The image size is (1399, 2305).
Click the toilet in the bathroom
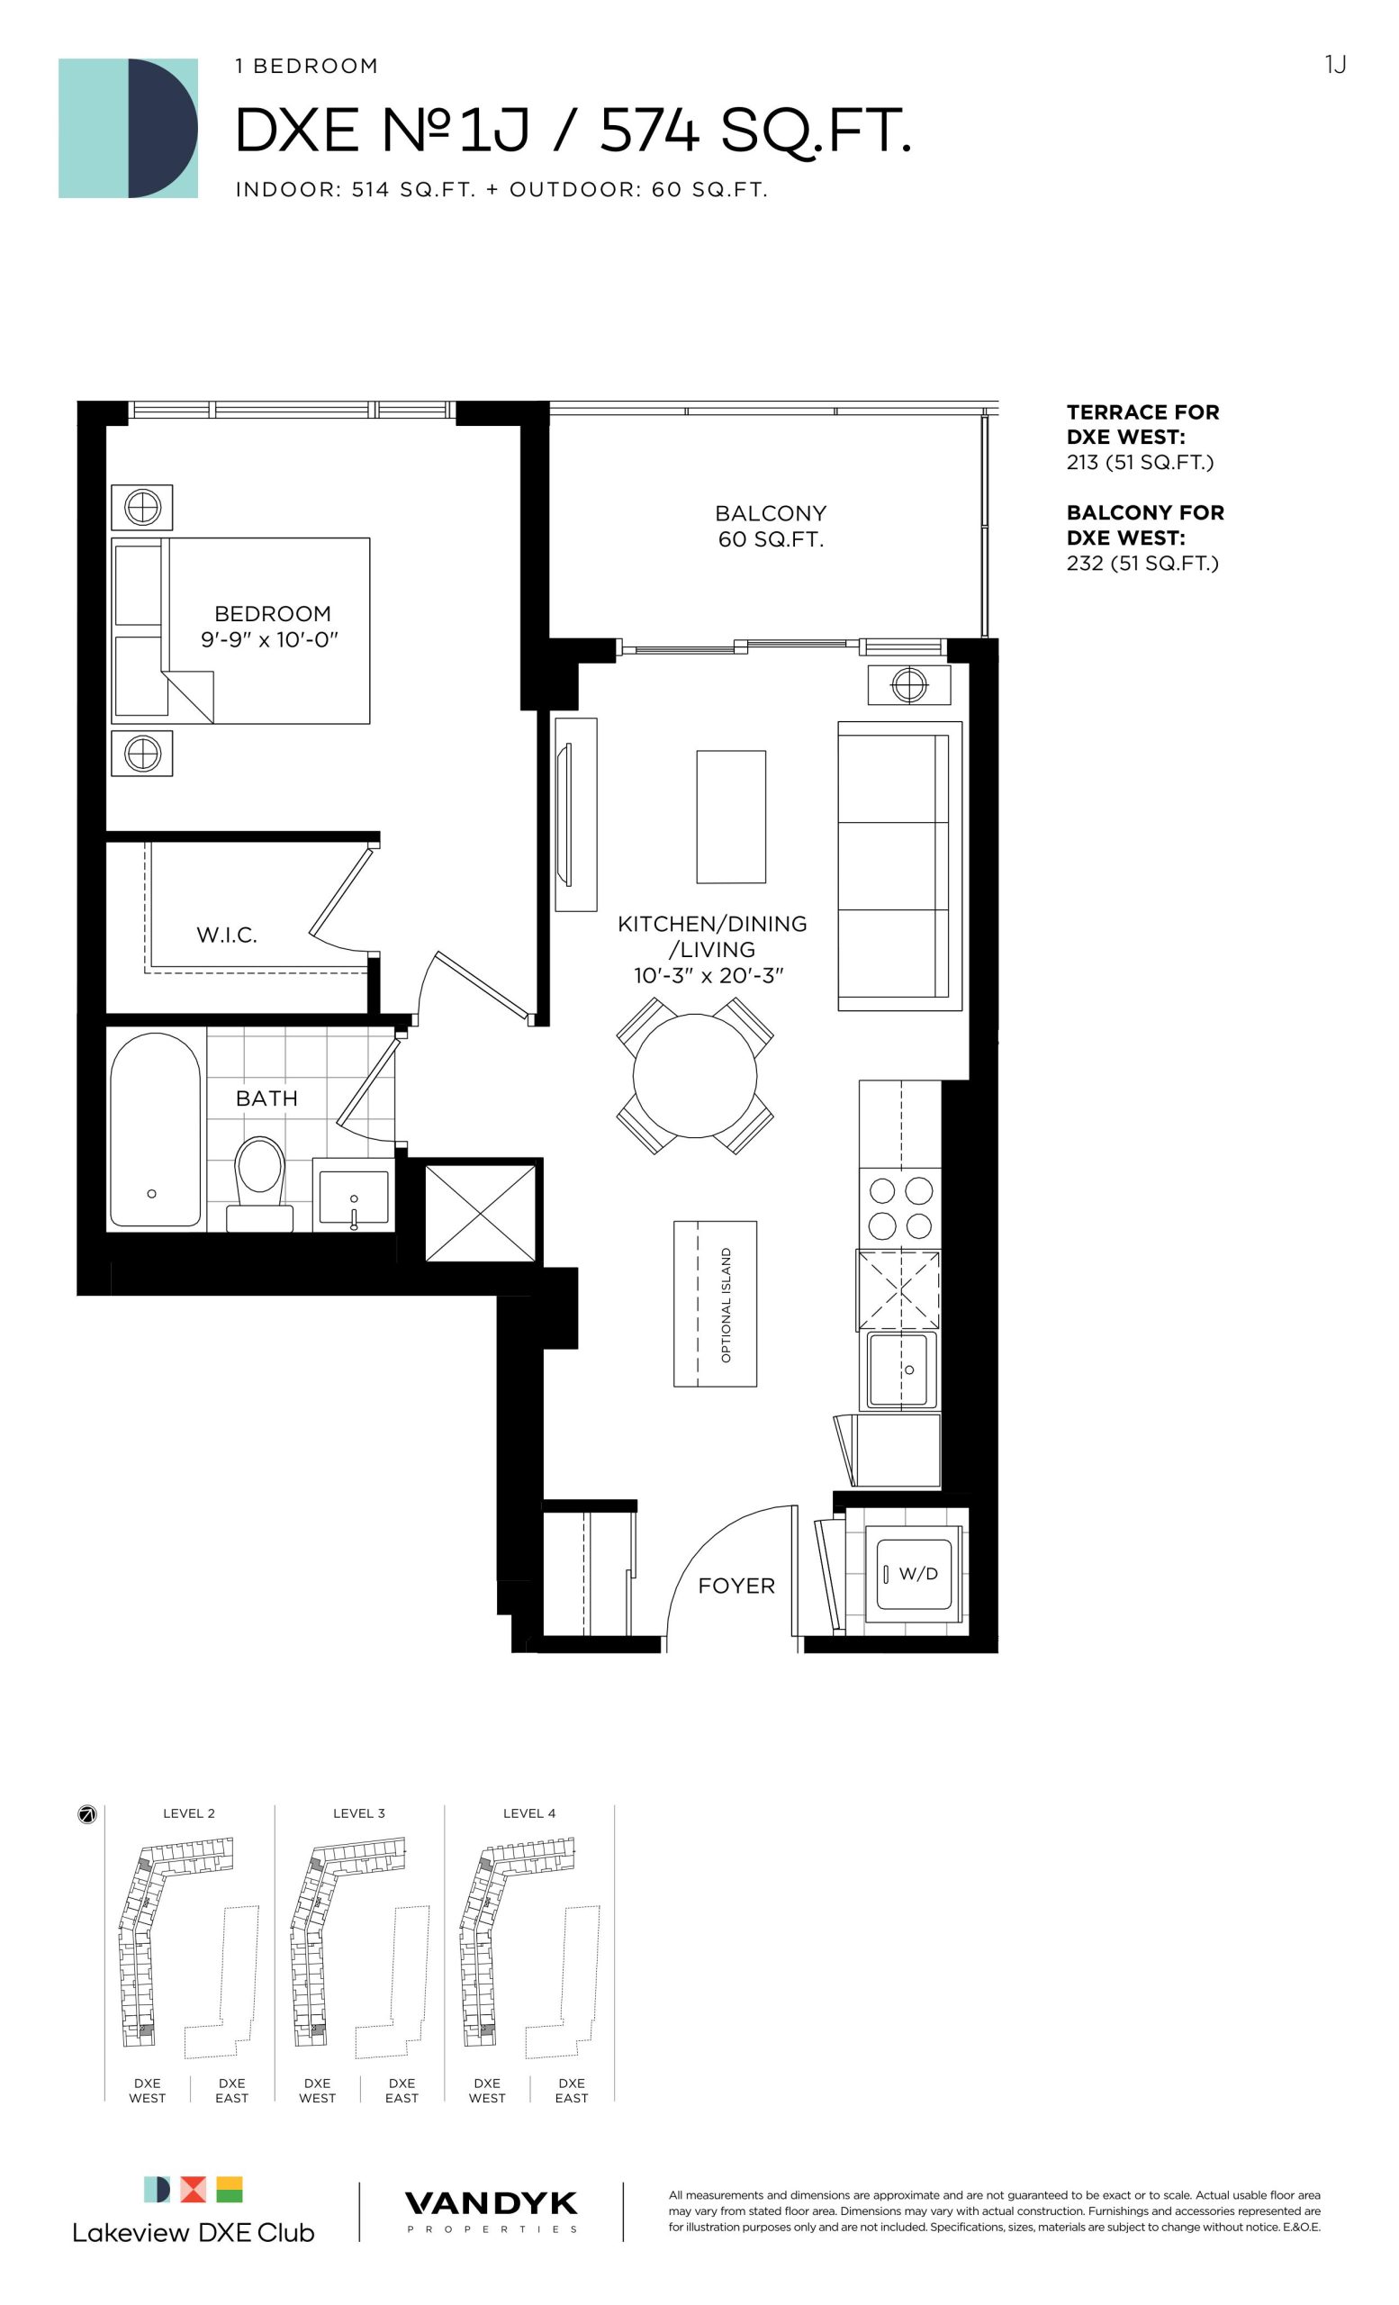click(260, 1183)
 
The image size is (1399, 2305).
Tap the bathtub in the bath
click(155, 1129)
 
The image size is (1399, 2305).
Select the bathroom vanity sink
click(354, 1198)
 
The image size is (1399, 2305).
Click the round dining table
click(695, 1076)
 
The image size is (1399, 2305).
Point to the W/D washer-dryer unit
click(914, 1574)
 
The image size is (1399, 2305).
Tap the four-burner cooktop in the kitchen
click(900, 1207)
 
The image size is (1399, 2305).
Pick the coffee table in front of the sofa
click(731, 817)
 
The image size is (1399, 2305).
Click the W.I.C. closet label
click(226, 935)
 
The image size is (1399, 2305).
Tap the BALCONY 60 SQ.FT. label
click(771, 526)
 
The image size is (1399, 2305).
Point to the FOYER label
click(737, 1586)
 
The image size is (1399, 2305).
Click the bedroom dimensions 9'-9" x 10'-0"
click(269, 640)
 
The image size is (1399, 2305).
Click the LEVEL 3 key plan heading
click(359, 1813)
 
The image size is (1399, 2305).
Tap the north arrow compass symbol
click(87, 1815)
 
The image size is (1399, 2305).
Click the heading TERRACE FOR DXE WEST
click(1142, 424)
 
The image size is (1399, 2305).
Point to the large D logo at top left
click(128, 128)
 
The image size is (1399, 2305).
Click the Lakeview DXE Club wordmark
click(194, 2233)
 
